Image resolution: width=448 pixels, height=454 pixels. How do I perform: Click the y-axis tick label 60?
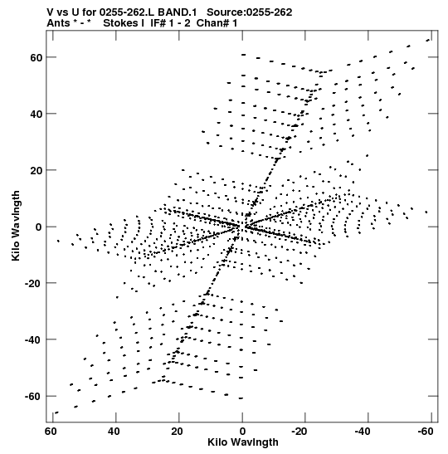[x=37, y=57]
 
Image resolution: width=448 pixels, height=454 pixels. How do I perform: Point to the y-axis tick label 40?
[x=37, y=114]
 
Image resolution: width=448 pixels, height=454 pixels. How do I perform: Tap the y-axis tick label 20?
[x=37, y=170]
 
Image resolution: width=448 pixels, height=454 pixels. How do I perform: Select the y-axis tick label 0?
[x=39, y=227]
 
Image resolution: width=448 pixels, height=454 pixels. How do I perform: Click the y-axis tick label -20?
[x=34, y=283]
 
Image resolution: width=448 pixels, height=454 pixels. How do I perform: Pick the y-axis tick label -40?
[x=34, y=339]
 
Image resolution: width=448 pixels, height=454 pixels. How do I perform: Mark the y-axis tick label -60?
[x=34, y=397]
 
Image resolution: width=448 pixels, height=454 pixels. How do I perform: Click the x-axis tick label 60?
[x=51, y=432]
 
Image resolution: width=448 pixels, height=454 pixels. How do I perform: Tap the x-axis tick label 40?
[x=114, y=432]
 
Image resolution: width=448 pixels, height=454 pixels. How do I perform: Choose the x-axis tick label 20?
[x=177, y=432]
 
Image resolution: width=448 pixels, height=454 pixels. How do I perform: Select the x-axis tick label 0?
[x=242, y=432]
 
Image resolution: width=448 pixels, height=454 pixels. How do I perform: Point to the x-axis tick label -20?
[x=299, y=432]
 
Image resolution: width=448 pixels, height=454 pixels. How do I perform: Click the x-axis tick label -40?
[x=362, y=432]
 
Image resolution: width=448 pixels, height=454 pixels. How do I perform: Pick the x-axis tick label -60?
[x=425, y=432]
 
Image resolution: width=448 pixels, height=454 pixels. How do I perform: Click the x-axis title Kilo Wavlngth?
[x=243, y=442]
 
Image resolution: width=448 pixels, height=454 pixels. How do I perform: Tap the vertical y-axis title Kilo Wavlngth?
[x=16, y=226]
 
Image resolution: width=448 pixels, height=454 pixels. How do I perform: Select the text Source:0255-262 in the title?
[x=250, y=12]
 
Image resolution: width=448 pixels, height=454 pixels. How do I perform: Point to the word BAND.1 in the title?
[x=178, y=12]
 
